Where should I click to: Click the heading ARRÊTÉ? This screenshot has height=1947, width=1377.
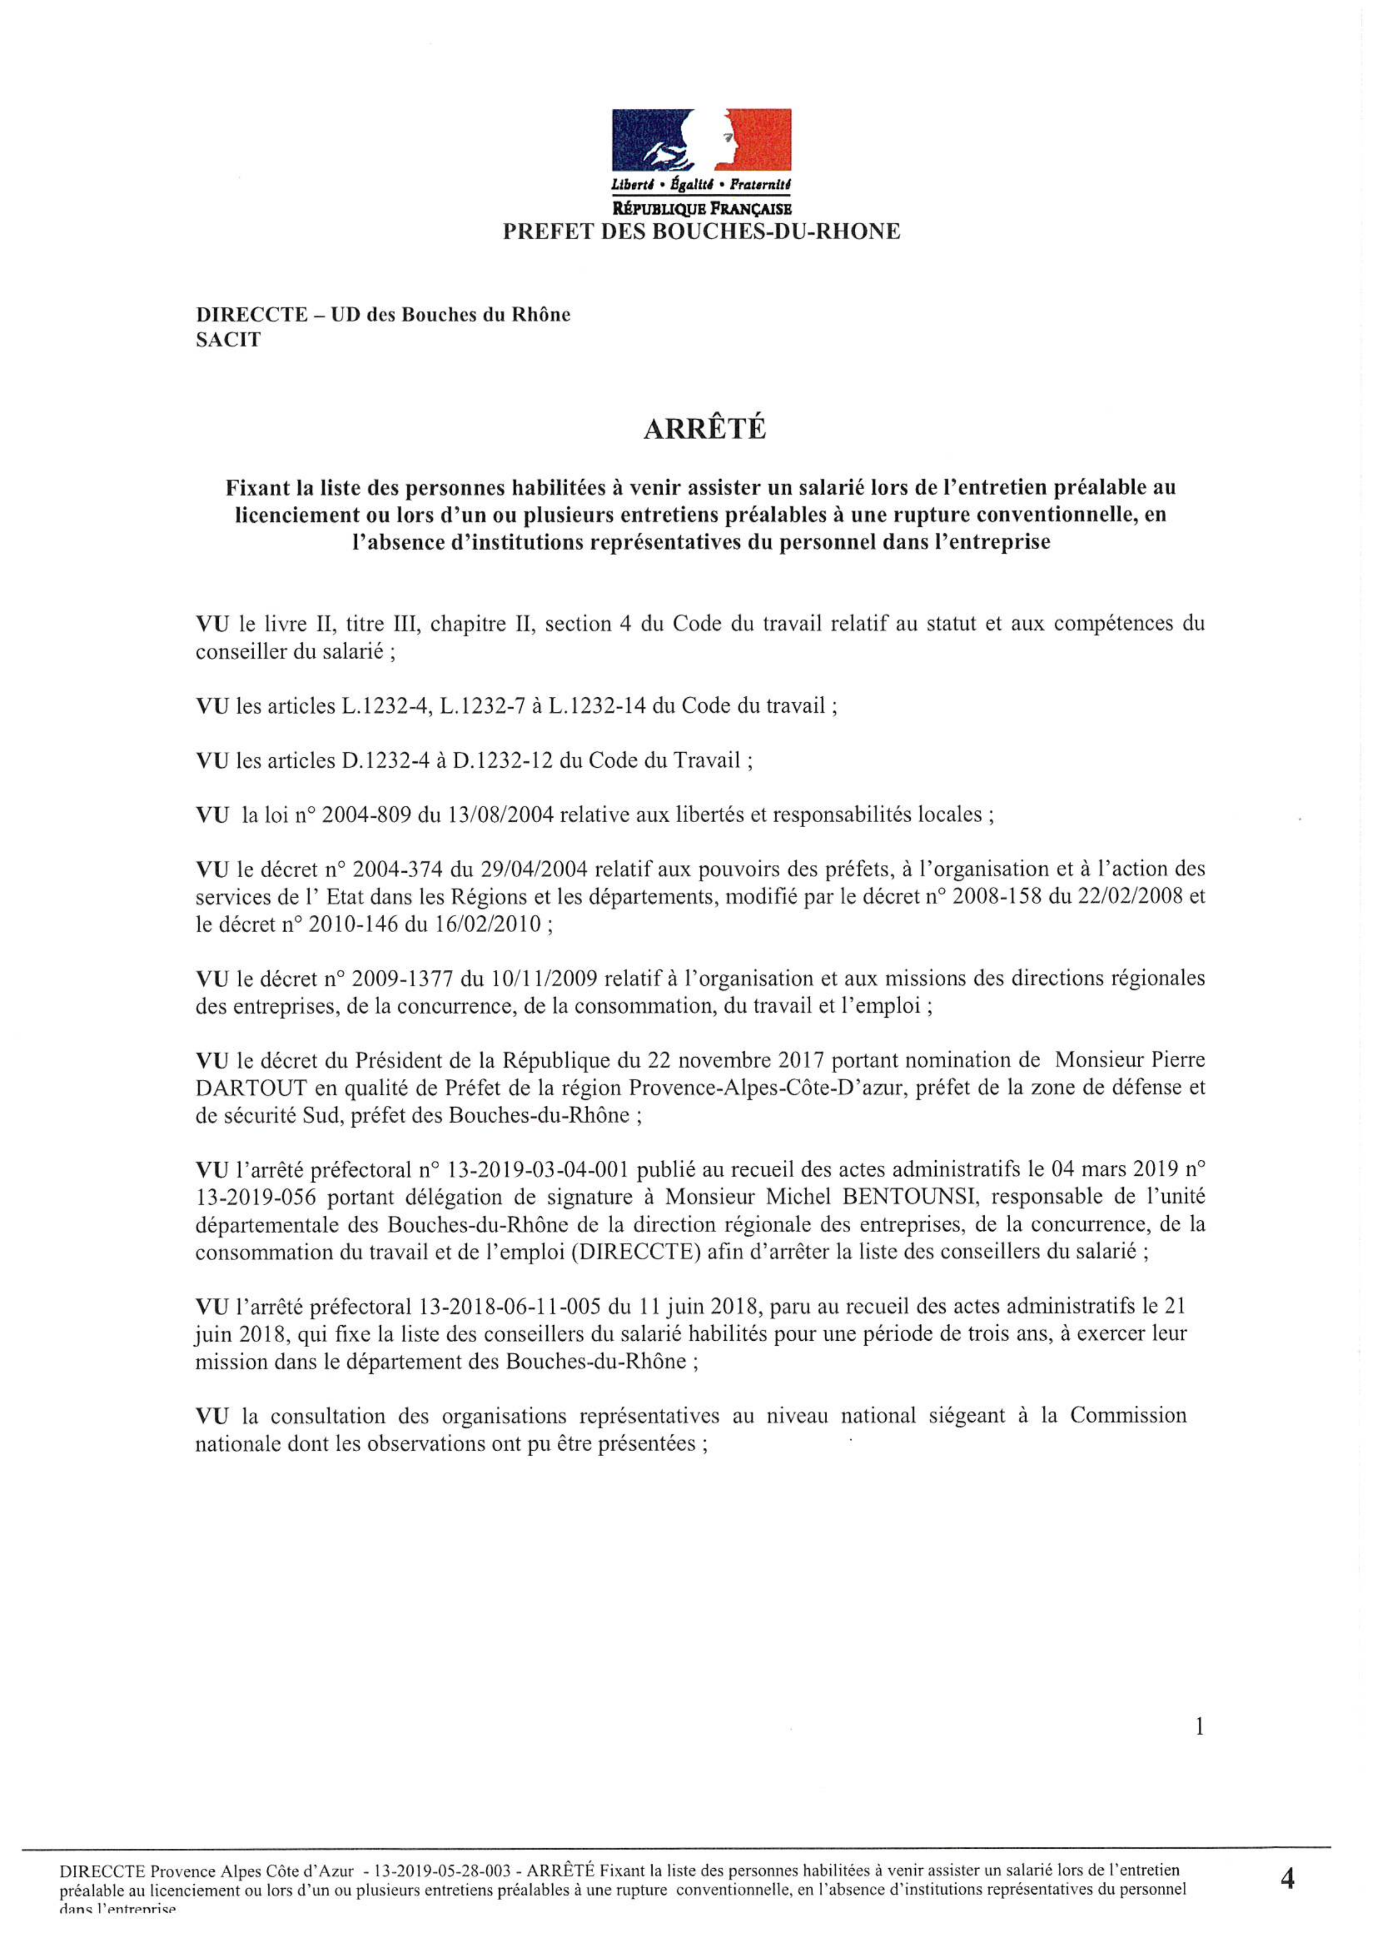(705, 430)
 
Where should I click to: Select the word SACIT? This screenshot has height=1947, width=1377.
(228, 340)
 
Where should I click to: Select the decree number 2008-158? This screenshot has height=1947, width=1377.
(1000, 897)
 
